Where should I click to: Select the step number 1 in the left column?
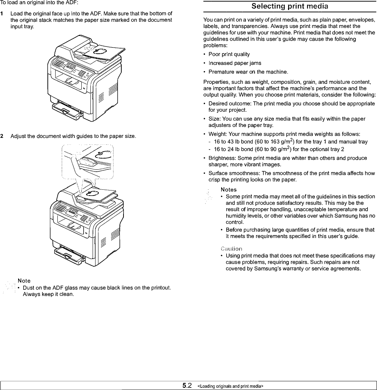click(x=2, y=14)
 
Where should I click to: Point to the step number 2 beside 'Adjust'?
click(x=2, y=136)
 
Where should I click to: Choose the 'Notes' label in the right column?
click(x=228, y=189)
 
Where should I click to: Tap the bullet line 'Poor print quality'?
click(x=229, y=54)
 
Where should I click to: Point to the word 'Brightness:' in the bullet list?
click(x=220, y=158)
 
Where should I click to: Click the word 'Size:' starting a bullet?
click(x=214, y=119)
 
